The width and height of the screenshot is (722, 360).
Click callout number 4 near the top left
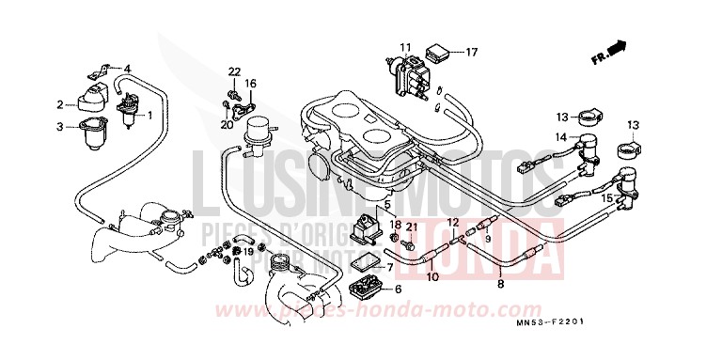coord(128,68)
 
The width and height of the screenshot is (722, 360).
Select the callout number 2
coord(60,104)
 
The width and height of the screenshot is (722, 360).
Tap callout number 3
coord(60,127)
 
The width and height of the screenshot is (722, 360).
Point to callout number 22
coord(234,72)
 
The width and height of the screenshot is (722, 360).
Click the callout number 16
coord(251,84)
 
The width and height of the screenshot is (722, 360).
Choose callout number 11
coord(404,47)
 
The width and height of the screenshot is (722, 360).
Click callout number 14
coord(561,137)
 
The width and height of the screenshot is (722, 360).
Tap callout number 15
coord(607,198)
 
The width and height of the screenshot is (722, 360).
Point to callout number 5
coord(385,204)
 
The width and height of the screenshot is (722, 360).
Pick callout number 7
coord(390,267)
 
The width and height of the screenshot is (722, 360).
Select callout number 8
coord(500,283)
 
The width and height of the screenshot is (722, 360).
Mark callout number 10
coord(433,277)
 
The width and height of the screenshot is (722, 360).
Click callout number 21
coord(410,227)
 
